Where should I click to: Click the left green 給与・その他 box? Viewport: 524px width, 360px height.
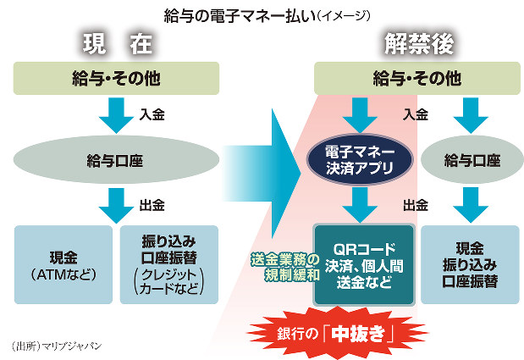click(x=118, y=79)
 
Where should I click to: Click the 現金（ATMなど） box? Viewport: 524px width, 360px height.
click(x=63, y=263)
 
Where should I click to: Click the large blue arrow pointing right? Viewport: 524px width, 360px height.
click(x=262, y=158)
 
